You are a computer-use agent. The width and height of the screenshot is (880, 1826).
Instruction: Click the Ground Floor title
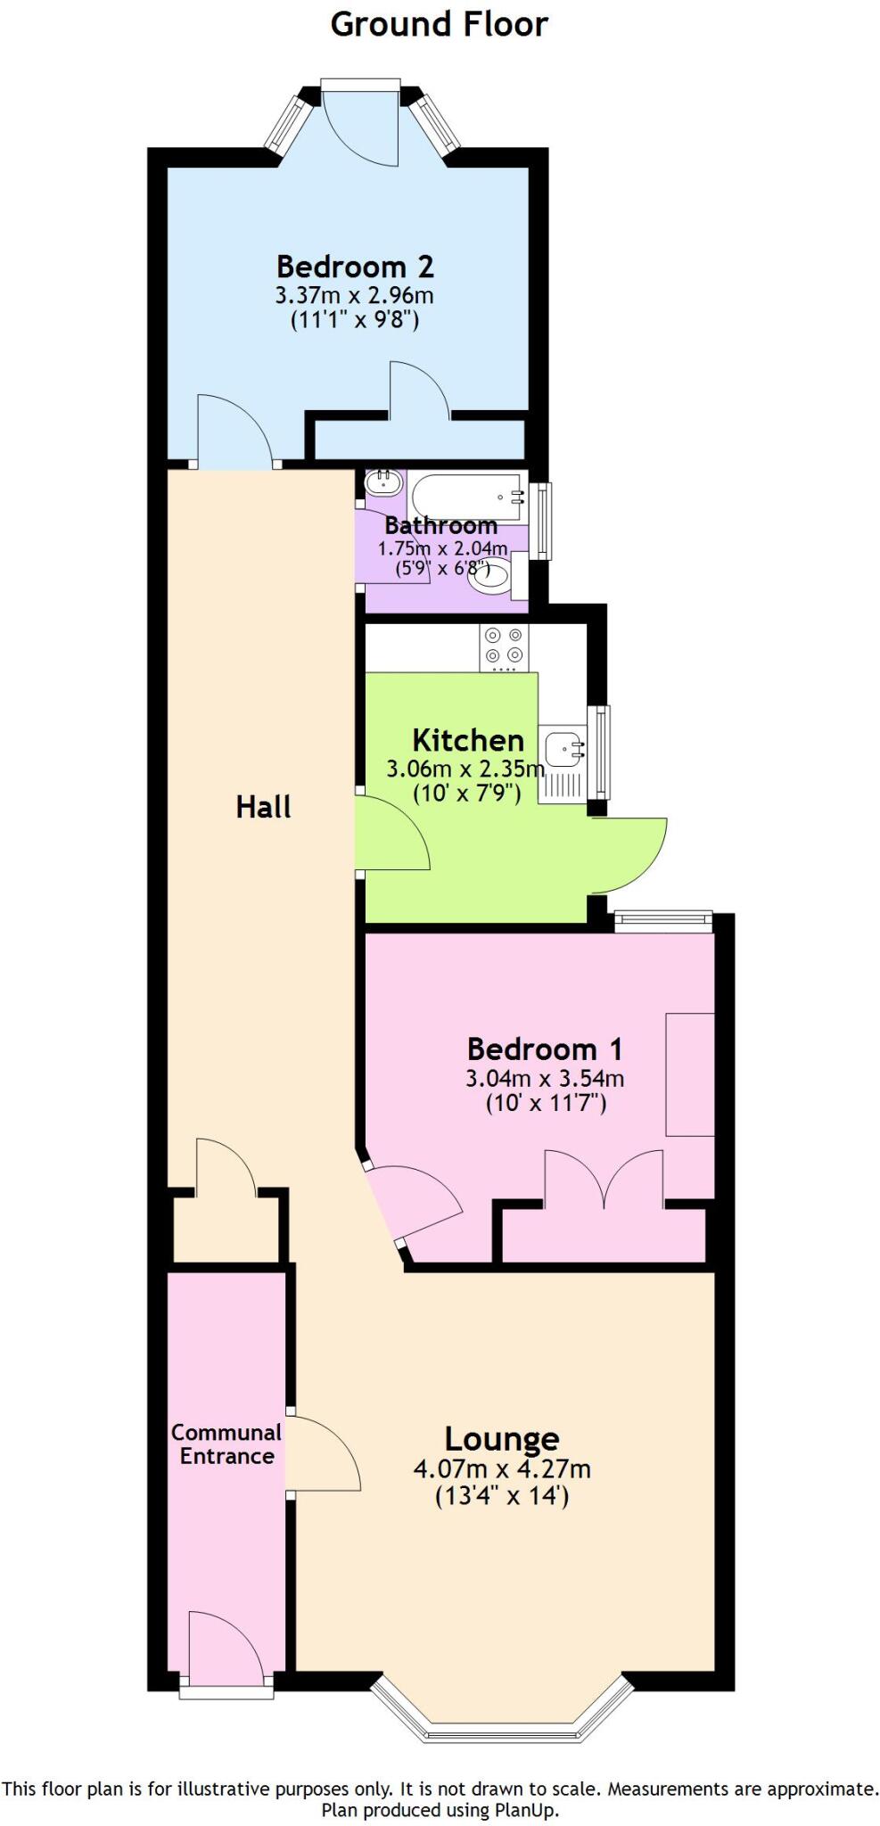439,24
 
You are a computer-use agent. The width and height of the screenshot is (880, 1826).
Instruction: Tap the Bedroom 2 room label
355,267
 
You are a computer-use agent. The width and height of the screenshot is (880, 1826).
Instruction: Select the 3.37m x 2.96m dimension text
355,294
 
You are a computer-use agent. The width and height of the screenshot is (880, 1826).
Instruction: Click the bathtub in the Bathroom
467,497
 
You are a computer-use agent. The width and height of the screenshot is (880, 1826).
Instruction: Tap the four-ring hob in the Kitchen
504,646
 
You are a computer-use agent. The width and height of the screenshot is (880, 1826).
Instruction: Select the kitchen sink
564,749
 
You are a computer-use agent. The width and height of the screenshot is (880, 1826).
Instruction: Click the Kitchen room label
467,740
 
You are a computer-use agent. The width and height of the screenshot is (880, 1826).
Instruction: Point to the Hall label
263,807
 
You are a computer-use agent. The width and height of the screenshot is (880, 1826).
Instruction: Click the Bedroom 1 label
544,1049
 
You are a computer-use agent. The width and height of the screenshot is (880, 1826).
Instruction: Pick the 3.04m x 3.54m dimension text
544,1078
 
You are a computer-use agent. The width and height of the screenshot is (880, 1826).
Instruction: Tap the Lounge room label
502,1439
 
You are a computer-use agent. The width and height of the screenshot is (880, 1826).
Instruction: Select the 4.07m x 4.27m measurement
502,1468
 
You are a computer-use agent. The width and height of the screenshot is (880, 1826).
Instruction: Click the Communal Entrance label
226,1444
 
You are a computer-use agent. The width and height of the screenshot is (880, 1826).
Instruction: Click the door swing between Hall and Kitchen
392,834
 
